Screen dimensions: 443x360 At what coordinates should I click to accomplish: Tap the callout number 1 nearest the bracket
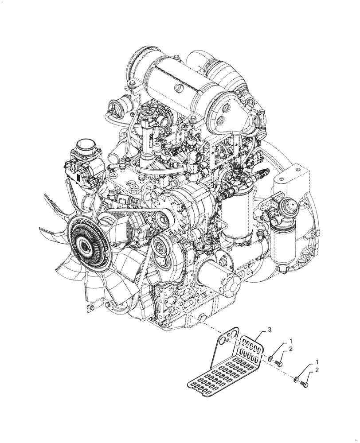(x=291, y=342)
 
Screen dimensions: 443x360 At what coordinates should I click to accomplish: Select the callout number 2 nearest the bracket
(x=291, y=350)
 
